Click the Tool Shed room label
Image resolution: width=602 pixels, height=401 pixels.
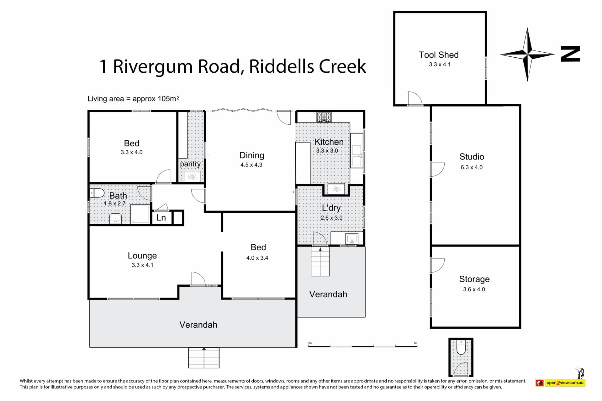[439, 55]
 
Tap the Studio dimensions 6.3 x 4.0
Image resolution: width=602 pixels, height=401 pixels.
[472, 167]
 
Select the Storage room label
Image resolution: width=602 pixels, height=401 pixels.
[474, 279]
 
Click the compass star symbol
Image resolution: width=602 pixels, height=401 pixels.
[527, 55]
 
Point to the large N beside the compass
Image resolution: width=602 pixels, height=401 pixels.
[570, 54]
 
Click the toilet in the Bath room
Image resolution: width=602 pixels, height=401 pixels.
[97, 193]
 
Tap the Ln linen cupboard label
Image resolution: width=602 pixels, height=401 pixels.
[161, 217]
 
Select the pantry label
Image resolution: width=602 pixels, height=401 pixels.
[190, 164]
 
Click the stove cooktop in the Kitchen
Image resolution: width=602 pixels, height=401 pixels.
[324, 117]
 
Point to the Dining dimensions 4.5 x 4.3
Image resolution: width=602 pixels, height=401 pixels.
[251, 165]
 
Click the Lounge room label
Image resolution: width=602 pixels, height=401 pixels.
[142, 256]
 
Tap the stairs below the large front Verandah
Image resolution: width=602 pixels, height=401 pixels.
[204, 358]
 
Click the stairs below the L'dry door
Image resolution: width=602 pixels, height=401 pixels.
[320, 261]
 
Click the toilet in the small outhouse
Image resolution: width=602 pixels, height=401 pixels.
[461, 348]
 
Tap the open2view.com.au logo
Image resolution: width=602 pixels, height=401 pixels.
[561, 383]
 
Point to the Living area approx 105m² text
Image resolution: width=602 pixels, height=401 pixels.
[134, 99]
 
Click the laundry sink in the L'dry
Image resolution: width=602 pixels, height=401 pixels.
[351, 239]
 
